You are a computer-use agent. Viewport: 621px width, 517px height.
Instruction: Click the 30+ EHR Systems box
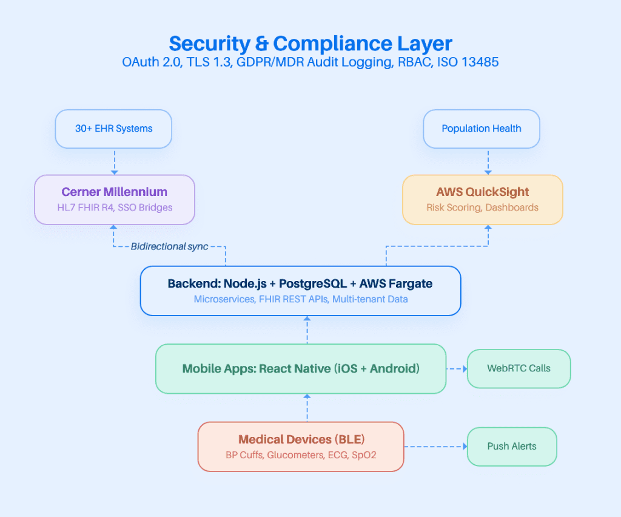(113, 129)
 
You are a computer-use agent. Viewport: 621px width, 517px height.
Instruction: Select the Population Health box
(482, 129)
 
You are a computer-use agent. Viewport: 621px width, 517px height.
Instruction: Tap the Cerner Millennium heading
(114, 192)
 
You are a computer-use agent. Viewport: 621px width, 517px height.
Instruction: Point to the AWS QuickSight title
(482, 192)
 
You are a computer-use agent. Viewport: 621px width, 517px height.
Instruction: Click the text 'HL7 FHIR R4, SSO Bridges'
(114, 208)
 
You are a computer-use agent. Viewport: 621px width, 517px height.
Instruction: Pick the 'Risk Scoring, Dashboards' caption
(482, 208)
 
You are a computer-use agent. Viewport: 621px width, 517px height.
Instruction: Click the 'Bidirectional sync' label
(169, 246)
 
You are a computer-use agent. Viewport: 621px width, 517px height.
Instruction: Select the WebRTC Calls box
(519, 368)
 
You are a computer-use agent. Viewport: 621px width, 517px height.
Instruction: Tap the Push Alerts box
(512, 447)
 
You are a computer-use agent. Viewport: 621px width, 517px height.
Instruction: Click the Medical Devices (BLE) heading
(301, 439)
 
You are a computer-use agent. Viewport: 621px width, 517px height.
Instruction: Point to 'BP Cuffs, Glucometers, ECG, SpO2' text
(301, 454)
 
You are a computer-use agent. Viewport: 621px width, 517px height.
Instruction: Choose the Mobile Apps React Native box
(301, 368)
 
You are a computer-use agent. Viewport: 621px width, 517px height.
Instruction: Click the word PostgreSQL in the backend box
(307, 283)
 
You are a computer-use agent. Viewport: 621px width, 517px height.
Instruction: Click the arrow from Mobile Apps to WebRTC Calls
(457, 368)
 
